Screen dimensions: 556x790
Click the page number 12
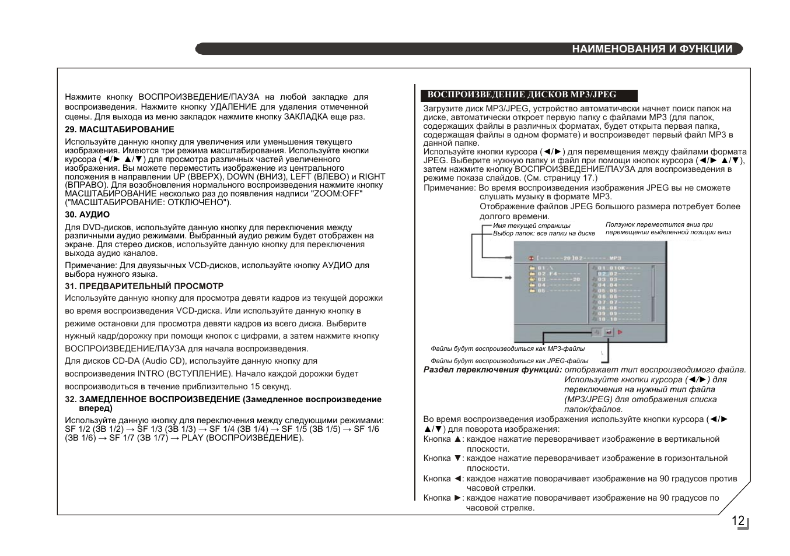click(738, 521)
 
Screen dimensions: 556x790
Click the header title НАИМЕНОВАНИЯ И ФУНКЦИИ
click(652, 49)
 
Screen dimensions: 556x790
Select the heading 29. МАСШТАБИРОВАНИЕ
click(120, 129)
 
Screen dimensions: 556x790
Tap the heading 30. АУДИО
click(88, 214)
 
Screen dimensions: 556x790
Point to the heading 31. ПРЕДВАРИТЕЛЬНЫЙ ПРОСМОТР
click(144, 286)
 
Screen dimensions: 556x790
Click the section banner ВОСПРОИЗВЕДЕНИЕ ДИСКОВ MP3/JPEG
click(522, 94)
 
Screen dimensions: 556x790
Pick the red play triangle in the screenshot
click(620, 333)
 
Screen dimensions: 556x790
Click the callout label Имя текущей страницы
click(532, 226)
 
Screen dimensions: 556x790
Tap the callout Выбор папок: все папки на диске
click(544, 233)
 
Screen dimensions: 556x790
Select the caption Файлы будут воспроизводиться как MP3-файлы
click(508, 349)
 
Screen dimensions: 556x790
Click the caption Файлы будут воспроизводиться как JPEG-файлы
click(509, 361)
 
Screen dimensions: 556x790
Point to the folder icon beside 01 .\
click(532, 268)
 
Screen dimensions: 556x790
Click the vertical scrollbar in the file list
click(652, 286)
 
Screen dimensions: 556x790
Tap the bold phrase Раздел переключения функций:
click(493, 370)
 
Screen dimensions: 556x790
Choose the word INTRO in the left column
click(151, 374)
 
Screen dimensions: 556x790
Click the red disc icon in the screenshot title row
click(530, 258)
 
